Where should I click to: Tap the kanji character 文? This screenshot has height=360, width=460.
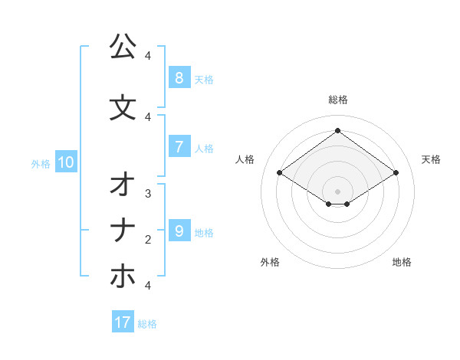[123, 106]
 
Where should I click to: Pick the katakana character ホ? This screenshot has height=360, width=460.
[123, 276]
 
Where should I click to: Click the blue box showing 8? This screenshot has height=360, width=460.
[179, 77]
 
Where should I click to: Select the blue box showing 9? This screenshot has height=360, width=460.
[179, 231]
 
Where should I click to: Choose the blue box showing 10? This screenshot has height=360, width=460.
[65, 162]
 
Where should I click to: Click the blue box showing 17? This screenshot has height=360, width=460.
[123, 322]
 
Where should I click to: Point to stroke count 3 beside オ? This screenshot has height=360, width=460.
[148, 194]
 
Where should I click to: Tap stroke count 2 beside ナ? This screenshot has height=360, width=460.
[148, 240]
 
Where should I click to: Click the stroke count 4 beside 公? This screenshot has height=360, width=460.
[148, 56]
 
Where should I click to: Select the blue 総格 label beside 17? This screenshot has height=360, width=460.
[147, 324]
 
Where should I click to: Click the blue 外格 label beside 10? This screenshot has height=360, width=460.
[40, 163]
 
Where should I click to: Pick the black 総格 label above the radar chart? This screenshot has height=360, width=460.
[338, 100]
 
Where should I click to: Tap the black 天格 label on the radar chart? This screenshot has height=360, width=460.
[431, 159]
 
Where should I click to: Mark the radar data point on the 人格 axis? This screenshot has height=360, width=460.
[280, 173]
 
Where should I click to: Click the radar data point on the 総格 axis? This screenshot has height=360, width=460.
[338, 130]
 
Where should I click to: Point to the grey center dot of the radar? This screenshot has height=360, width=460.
[338, 191]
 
